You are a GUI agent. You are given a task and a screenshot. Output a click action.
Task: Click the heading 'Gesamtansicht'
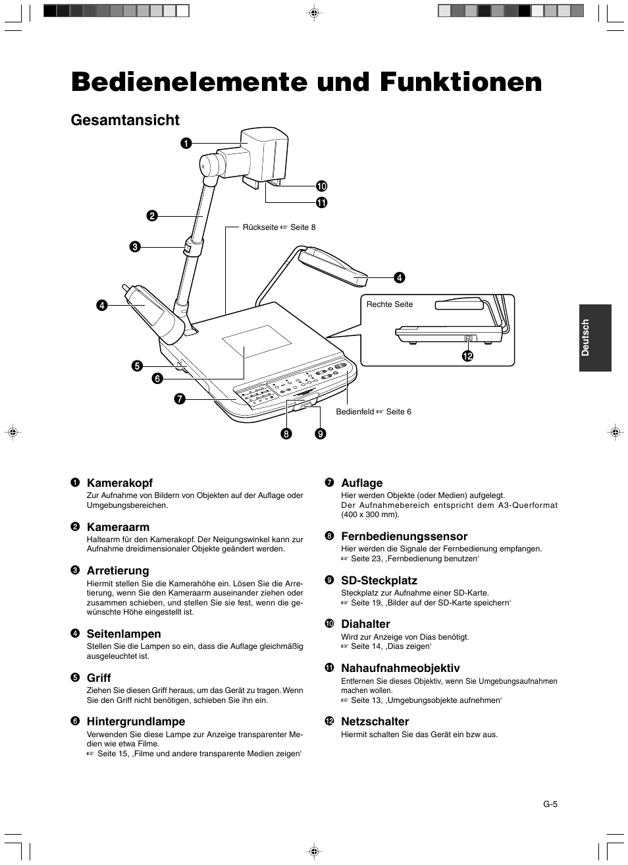pyautogui.click(x=125, y=120)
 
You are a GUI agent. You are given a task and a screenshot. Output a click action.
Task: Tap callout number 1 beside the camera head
pyautogui.click(x=187, y=142)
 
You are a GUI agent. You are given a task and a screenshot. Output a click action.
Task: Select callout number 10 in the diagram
pyautogui.click(x=321, y=186)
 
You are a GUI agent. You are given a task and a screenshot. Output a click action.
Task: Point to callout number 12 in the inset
pyautogui.click(x=467, y=356)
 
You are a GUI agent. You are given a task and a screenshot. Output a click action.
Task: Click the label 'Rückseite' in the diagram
pyautogui.click(x=261, y=227)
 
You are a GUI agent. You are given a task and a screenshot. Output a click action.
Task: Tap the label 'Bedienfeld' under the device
pyautogui.click(x=355, y=412)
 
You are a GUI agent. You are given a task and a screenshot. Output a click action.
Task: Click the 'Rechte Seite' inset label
pyautogui.click(x=390, y=304)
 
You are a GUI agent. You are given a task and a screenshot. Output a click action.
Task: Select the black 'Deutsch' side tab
pyautogui.click(x=595, y=337)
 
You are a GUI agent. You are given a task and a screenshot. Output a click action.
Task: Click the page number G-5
pyautogui.click(x=550, y=804)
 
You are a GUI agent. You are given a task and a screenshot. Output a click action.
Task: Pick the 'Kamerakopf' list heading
pyautogui.click(x=120, y=483)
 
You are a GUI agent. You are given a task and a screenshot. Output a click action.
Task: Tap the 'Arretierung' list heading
pyautogui.click(x=118, y=571)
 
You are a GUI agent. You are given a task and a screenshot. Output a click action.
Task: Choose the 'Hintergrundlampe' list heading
pyautogui.click(x=136, y=721)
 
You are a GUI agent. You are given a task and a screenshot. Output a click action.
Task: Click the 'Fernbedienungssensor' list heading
pyautogui.click(x=404, y=536)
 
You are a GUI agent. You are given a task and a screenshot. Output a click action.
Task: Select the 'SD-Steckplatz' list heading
pyautogui.click(x=379, y=580)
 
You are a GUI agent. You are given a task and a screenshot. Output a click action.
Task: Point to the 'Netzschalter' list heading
pyautogui.click(x=375, y=721)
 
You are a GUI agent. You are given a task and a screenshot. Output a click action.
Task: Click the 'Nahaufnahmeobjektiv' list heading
pyautogui.click(x=400, y=668)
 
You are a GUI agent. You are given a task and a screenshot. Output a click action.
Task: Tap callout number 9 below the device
pyautogui.click(x=320, y=433)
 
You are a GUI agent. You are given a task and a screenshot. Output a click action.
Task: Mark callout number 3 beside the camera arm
pyautogui.click(x=134, y=247)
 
